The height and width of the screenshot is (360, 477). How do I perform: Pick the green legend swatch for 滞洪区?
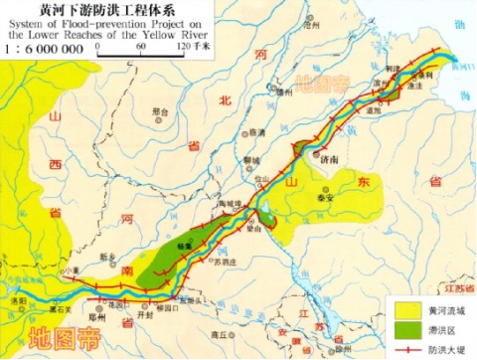403,327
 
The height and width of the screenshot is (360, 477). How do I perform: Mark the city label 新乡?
110,257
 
